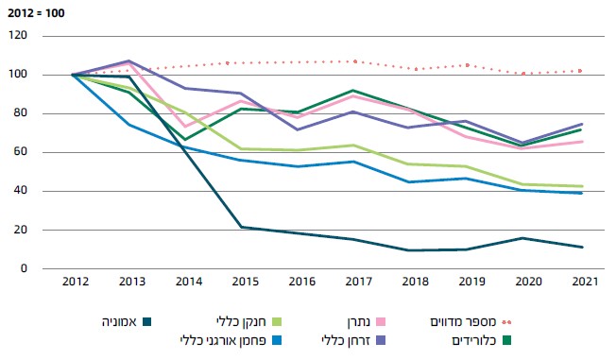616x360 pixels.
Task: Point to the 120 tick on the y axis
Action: [20, 36]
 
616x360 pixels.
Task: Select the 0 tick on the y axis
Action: [26, 268]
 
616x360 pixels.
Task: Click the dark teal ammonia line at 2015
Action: [246, 227]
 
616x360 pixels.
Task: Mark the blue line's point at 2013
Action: [132, 125]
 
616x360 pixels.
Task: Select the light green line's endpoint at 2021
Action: [581, 186]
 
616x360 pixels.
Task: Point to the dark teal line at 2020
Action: [525, 238]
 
